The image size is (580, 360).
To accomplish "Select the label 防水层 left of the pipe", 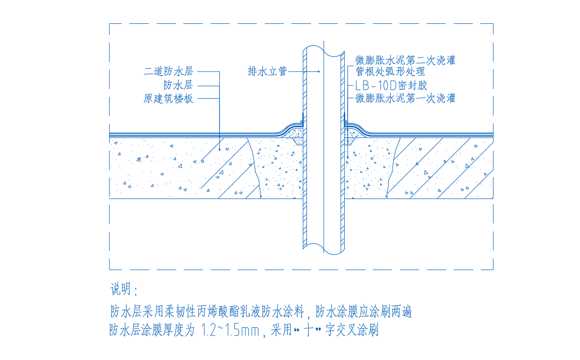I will (x=178, y=85).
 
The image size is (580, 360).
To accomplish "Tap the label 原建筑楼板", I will (x=168, y=99).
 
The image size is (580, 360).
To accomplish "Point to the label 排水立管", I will (x=267, y=72).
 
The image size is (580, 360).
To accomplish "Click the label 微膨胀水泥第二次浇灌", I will (x=405, y=60).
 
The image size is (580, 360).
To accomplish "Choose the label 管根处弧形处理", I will (x=390, y=72).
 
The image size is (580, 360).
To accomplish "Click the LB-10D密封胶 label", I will (x=391, y=85).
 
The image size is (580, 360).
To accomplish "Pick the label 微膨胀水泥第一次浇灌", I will (x=405, y=98).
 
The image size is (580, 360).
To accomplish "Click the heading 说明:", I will (x=124, y=290).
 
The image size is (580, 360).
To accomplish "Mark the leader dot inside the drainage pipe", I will (x=319, y=72).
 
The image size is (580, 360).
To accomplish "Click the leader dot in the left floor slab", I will (x=219, y=149).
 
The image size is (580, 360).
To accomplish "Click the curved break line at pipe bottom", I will (x=324, y=250).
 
